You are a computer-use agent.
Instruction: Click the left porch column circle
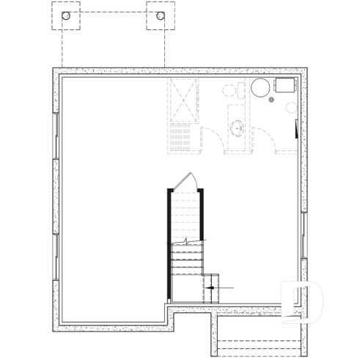tap(66, 16)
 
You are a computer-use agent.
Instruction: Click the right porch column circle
tap(161, 16)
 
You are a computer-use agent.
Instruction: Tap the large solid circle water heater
tap(261, 89)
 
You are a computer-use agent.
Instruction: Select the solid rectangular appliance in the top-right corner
tap(284, 84)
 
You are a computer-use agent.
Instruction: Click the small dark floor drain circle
tap(272, 99)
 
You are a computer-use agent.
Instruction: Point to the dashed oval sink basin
tap(238, 130)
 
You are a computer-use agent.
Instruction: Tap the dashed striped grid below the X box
tap(183, 138)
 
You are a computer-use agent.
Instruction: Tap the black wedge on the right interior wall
tap(297, 130)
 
